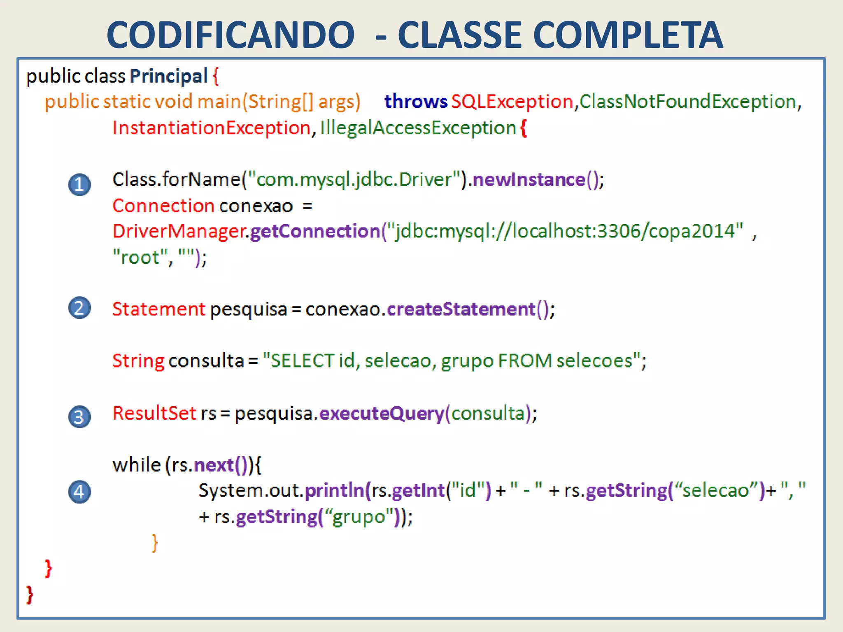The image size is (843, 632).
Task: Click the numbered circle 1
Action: (x=79, y=185)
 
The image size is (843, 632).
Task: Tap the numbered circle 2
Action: (x=79, y=308)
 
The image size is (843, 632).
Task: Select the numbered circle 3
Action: (x=79, y=417)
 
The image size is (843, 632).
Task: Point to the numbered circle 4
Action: (x=79, y=492)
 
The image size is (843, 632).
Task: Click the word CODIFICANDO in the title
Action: (x=231, y=35)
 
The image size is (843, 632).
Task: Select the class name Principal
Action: (x=169, y=76)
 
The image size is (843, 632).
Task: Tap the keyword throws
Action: (x=416, y=102)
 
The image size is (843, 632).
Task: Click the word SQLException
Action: (x=512, y=102)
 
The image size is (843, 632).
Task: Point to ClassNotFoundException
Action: (x=687, y=102)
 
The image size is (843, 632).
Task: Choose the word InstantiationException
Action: (x=212, y=128)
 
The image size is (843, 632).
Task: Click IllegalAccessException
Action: (x=418, y=128)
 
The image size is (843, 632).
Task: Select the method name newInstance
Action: (x=529, y=180)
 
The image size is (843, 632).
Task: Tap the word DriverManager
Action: (x=179, y=231)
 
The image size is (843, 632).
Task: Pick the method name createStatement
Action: (x=461, y=309)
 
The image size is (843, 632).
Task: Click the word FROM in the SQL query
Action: (x=525, y=361)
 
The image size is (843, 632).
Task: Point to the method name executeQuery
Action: (x=382, y=414)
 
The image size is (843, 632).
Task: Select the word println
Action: (x=335, y=490)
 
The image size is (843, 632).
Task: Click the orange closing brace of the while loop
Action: (x=155, y=543)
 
